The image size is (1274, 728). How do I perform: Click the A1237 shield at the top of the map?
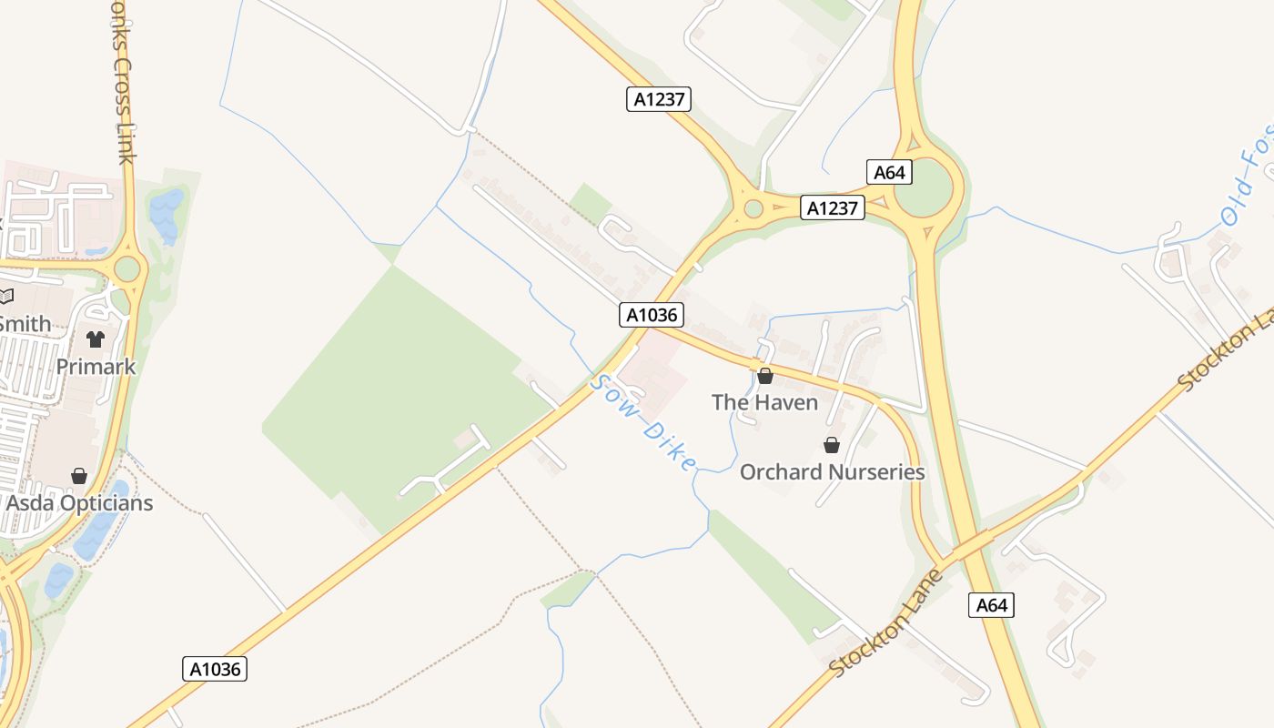click(x=659, y=99)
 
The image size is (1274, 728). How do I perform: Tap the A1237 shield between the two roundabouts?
click(x=832, y=207)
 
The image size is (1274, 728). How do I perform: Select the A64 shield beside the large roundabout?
click(x=888, y=172)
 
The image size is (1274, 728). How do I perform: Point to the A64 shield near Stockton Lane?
click(x=991, y=605)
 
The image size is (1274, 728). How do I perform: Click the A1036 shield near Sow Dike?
click(x=652, y=315)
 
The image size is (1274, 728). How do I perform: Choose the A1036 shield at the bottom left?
click(x=216, y=669)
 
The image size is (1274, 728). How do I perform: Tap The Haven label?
click(x=764, y=402)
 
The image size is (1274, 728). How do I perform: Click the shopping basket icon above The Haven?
click(x=765, y=375)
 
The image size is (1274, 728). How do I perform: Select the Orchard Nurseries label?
click(x=832, y=472)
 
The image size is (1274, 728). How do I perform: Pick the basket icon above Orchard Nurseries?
click(x=831, y=444)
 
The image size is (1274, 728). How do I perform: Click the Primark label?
click(x=96, y=367)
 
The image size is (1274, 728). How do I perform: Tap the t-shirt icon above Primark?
click(x=96, y=339)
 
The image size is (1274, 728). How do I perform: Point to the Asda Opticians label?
click(x=79, y=503)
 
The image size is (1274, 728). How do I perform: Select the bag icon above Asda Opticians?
click(x=79, y=476)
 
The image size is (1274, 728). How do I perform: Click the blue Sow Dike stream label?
click(x=642, y=423)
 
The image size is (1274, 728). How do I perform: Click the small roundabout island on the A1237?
click(x=753, y=208)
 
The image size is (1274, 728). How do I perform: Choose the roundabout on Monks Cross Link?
click(x=127, y=268)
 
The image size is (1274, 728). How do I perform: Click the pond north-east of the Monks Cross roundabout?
click(x=166, y=215)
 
